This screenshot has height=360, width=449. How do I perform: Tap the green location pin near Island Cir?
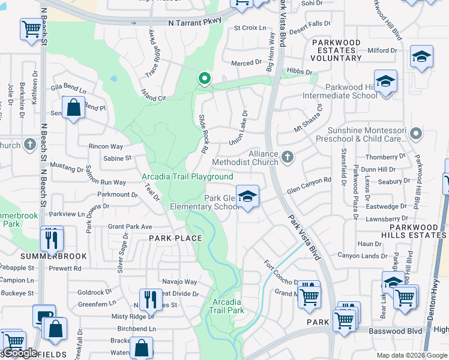[x=205, y=79]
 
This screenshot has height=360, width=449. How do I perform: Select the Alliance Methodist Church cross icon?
[x=288, y=157]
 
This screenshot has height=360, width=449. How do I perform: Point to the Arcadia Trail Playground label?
[x=187, y=176]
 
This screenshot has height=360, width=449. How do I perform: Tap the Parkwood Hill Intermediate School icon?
[x=385, y=80]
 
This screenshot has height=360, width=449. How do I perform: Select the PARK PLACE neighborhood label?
[x=175, y=238]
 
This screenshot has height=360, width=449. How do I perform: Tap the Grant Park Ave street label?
[x=130, y=227]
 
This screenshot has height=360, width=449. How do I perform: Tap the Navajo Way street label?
[x=182, y=281]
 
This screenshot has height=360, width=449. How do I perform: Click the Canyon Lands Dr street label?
[x=362, y=256]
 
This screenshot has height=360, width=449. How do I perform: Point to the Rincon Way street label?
[x=106, y=146]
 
